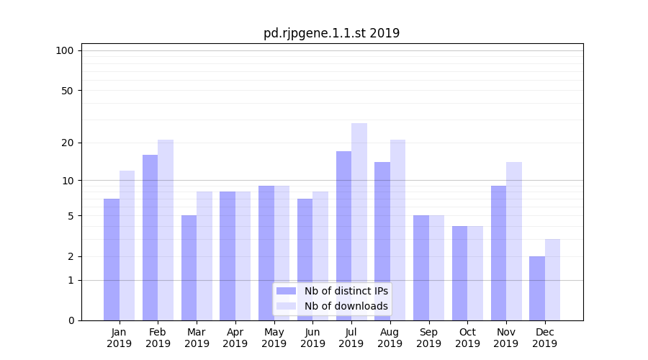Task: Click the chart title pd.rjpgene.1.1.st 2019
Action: click(x=331, y=33)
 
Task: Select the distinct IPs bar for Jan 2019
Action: click(x=112, y=259)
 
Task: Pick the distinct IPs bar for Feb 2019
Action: click(x=150, y=238)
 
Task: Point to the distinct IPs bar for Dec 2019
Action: click(x=537, y=288)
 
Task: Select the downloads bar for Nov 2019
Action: click(x=514, y=241)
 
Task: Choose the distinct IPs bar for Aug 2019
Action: click(x=382, y=241)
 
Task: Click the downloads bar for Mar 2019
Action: click(x=204, y=256)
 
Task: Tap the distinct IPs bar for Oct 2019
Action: click(x=459, y=273)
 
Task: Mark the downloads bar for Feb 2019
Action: click(x=166, y=230)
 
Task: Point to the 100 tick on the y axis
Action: click(x=65, y=50)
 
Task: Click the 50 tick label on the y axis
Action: click(x=68, y=91)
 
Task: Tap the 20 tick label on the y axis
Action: click(x=68, y=143)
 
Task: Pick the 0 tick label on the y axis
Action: click(x=71, y=320)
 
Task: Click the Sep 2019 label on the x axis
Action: click(x=428, y=338)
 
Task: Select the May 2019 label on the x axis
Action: click(x=274, y=338)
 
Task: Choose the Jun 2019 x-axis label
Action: click(x=312, y=338)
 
